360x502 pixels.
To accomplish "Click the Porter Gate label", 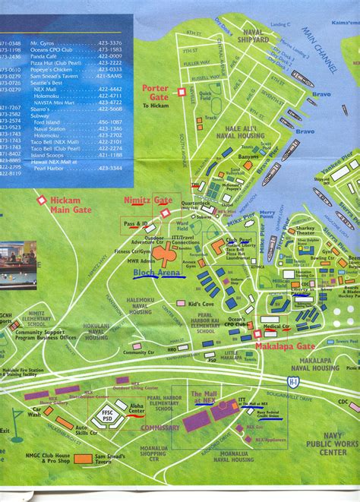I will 156,92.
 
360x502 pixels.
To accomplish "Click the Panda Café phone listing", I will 74,55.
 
